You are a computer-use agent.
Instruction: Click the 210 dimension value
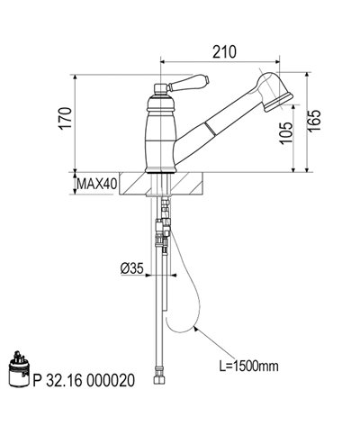point(224,52)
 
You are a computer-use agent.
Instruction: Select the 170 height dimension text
point(66,118)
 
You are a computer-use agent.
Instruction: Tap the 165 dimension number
point(314,120)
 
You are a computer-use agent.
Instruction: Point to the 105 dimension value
point(286,133)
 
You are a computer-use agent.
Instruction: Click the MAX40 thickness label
point(96,184)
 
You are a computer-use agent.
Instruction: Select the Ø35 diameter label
point(132,268)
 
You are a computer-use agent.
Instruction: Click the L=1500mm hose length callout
point(248,367)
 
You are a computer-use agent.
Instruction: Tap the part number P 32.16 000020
point(84,380)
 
